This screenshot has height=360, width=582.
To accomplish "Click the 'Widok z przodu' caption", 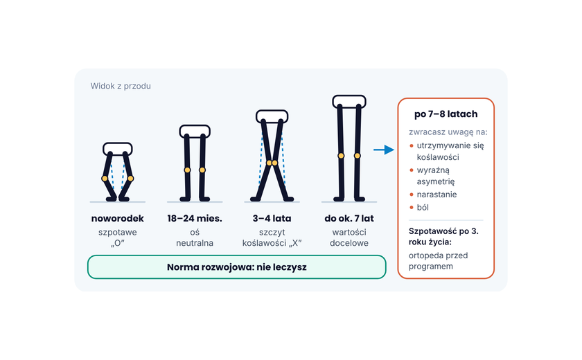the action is (x=121, y=86).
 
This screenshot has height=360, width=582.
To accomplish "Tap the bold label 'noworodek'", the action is (x=117, y=218).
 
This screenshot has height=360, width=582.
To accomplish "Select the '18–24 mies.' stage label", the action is (x=195, y=218).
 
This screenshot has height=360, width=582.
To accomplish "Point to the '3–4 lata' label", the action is (x=272, y=218).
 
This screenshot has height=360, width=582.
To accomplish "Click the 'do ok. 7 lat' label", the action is (x=349, y=218).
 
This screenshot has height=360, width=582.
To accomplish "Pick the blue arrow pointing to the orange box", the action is (x=384, y=150).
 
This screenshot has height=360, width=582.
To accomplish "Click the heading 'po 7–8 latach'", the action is (x=446, y=114).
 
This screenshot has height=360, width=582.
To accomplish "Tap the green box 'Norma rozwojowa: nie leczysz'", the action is (x=237, y=267).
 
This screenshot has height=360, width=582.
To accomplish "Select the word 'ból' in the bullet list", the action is (x=423, y=208).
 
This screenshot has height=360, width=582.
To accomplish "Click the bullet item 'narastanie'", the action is (x=437, y=195).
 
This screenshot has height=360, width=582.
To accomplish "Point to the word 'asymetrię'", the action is (x=435, y=181).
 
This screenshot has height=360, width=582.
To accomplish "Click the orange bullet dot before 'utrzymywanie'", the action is (x=412, y=145).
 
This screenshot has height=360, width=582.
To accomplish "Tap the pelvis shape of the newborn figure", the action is (x=118, y=149).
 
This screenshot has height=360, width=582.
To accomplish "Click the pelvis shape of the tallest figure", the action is (x=349, y=102).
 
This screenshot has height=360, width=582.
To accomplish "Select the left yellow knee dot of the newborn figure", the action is (x=105, y=179).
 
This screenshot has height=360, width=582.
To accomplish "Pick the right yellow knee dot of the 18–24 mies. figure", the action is (x=202, y=170).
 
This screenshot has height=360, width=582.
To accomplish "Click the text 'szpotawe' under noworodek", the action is (x=117, y=233).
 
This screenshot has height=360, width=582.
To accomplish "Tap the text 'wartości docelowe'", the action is (x=349, y=237).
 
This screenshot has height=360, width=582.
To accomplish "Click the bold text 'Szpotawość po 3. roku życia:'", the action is (x=443, y=237).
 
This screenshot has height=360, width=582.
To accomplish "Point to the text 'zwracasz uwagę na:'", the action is (x=448, y=132).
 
